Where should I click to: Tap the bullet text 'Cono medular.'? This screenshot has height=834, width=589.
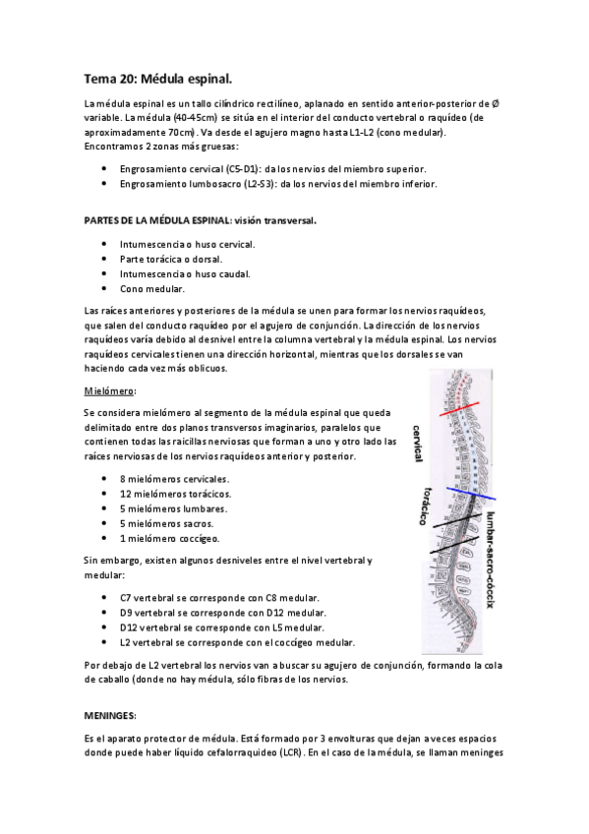click(x=151, y=289)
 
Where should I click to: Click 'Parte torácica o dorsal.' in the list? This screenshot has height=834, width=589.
click(x=173, y=258)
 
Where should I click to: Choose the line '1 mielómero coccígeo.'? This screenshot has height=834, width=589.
click(x=169, y=538)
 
